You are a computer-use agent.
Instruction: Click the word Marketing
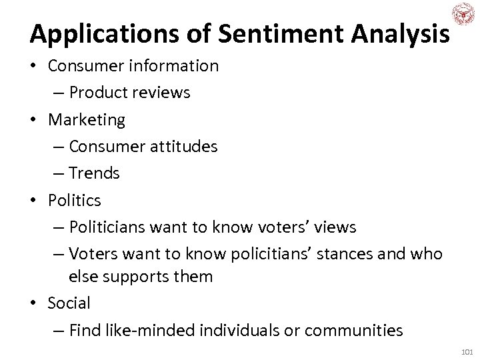tap(86, 119)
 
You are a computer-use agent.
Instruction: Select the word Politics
tap(73, 200)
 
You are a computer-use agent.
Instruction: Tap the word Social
tap(69, 303)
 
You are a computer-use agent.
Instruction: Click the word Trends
tap(94, 173)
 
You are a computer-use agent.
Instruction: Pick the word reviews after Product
tap(163, 93)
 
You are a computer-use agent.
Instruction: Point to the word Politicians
tap(105, 227)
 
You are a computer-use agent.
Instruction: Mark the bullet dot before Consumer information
tap(34, 66)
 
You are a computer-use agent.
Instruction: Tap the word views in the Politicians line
tap(337, 227)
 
